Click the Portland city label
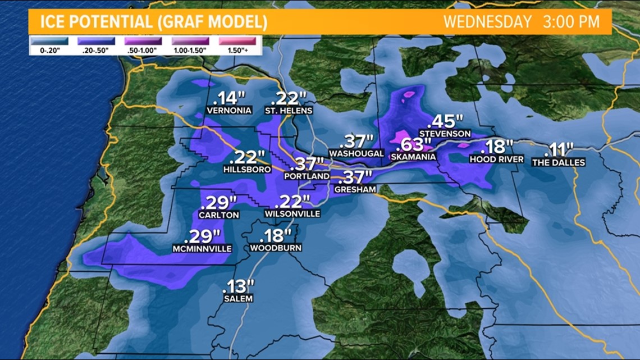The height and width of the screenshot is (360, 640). tap(307, 176)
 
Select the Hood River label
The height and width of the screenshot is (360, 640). tap(497, 160)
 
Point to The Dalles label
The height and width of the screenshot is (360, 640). tap(559, 162)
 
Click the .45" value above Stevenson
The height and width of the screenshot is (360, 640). tap(446, 121)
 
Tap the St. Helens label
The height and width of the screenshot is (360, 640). tap(289, 110)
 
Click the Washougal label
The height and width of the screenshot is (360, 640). tap(356, 153)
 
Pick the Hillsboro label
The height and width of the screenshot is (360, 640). tap(247, 169)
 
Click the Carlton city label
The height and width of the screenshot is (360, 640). tap(219, 215)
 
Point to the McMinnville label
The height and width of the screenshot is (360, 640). tap(203, 249)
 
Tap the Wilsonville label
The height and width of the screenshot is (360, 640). tap(293, 214)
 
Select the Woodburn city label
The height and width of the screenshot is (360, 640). tap(276, 248)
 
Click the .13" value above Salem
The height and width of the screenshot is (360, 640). tap(239, 286)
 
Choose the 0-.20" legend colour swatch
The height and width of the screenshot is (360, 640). tap(49, 41)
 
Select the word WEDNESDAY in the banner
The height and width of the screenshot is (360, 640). tap(487, 22)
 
